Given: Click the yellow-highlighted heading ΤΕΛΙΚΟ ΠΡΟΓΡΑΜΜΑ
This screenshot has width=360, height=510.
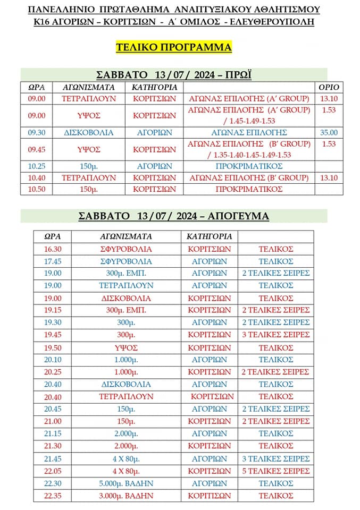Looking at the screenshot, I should [x=174, y=47].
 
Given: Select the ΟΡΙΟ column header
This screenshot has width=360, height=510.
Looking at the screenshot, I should [x=328, y=87].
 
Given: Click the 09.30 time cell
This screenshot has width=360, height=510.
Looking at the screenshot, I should [x=37, y=132].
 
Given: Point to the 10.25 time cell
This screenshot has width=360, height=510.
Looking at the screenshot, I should [x=37, y=166].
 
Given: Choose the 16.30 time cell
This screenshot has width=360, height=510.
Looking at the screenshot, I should [x=53, y=249].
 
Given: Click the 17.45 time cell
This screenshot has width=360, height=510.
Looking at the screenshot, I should [x=53, y=261].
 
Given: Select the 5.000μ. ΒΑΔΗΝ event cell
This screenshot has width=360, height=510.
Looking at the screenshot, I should [x=126, y=483].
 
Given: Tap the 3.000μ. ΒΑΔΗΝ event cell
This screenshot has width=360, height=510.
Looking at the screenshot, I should [x=126, y=495].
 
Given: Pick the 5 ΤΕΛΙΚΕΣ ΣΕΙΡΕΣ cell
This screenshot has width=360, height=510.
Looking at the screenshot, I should [x=275, y=471].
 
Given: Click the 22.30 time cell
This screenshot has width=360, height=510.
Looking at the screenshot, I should [x=53, y=483].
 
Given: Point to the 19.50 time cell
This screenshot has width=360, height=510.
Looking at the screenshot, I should [x=53, y=347].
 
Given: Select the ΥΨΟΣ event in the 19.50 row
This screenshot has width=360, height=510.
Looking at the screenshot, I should [x=126, y=347].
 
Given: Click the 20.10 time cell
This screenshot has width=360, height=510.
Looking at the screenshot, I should [x=53, y=360].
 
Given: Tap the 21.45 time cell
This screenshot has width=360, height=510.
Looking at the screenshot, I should [x=53, y=458].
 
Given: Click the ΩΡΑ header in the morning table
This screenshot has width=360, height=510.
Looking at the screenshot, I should [x=37, y=87].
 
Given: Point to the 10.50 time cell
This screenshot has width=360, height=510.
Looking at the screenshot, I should [x=37, y=189].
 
